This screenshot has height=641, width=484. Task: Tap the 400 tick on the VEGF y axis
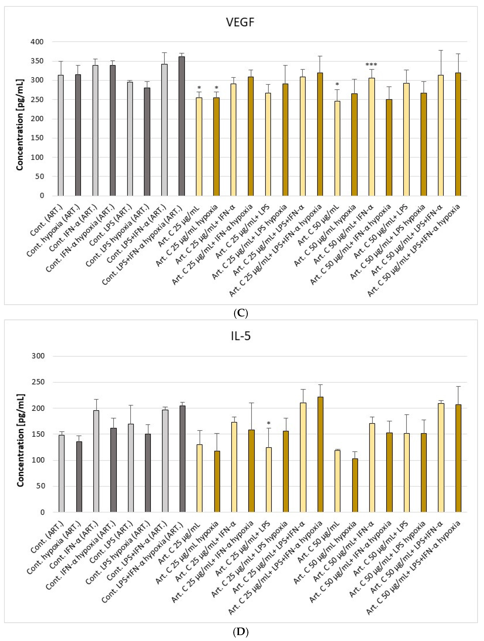coord(37,42)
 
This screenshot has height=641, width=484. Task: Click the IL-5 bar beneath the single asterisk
coord(269,480)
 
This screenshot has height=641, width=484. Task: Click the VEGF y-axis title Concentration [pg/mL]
coord(20,125)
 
